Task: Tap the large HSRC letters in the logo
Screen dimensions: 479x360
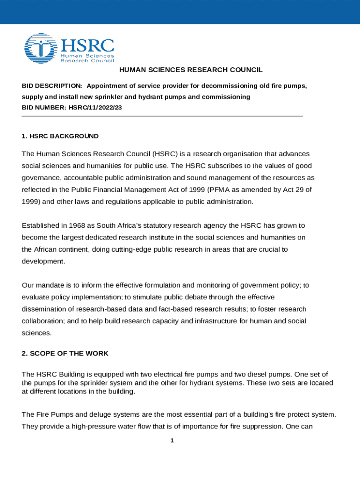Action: [x=87, y=45]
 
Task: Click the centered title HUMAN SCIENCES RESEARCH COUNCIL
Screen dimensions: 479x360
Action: [x=191, y=70]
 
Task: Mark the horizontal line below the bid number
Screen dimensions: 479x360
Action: [x=162, y=116]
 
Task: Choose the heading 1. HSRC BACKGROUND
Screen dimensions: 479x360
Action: [x=60, y=136]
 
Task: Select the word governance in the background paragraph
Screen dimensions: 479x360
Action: [x=41, y=178]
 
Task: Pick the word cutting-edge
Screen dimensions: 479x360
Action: [x=130, y=250]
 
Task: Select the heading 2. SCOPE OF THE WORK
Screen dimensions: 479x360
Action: [x=65, y=354]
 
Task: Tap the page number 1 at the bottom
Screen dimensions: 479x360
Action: [x=172, y=441]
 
